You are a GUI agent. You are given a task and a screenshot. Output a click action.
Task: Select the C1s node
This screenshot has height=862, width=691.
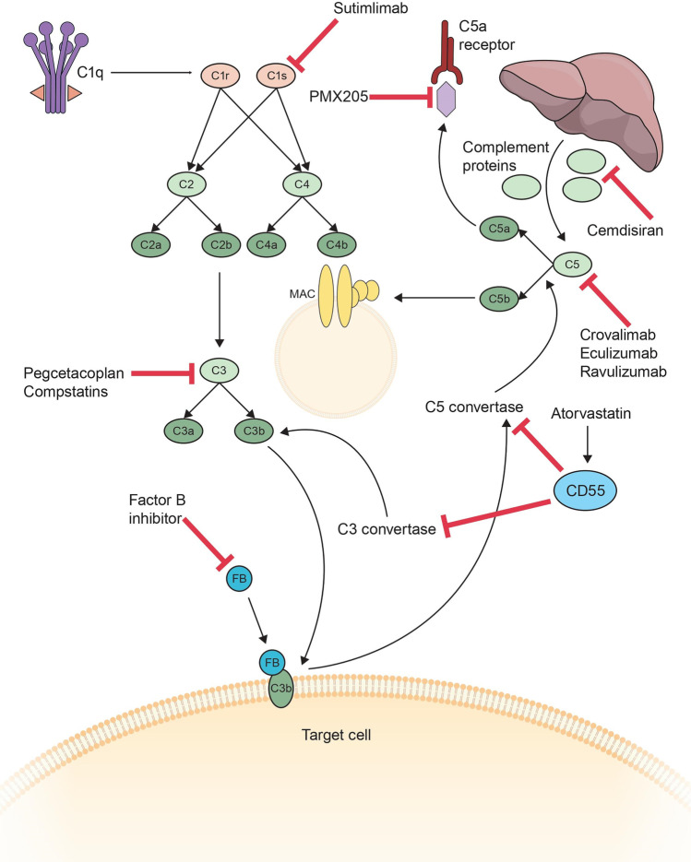click(271, 75)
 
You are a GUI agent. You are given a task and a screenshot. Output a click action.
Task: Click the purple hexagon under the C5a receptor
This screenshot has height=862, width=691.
click(447, 98)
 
